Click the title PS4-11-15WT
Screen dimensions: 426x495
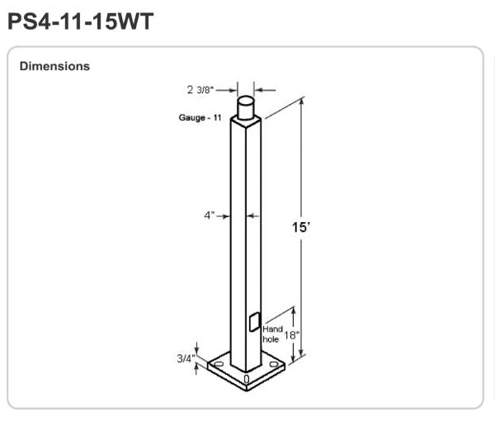pyautogui.click(x=80, y=21)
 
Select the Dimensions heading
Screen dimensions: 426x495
pyautogui.click(x=54, y=66)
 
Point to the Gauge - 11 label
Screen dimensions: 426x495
pyautogui.click(x=200, y=117)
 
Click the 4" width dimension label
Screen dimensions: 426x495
pyautogui.click(x=210, y=215)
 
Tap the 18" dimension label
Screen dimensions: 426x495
pyautogui.click(x=291, y=334)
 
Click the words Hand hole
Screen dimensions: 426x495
pyautogui.click(x=272, y=334)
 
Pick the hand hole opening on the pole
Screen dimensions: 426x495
pyautogui.click(x=254, y=321)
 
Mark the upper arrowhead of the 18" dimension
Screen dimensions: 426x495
pyautogui.click(x=301, y=302)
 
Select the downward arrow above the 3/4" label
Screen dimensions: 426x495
pyautogui.click(x=197, y=347)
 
